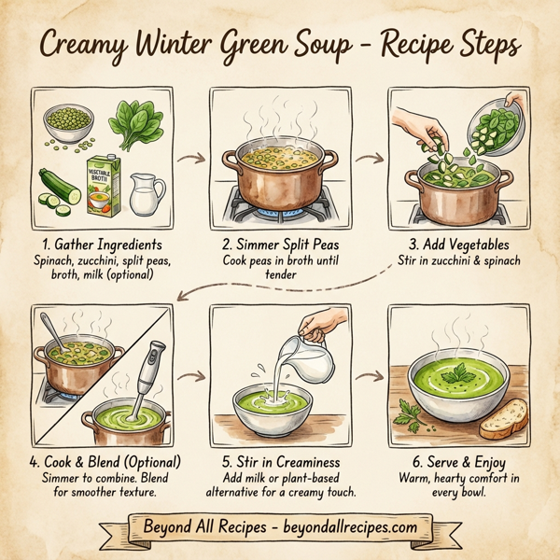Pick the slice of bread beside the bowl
coord(504,418)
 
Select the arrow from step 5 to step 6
coord(371,376)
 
